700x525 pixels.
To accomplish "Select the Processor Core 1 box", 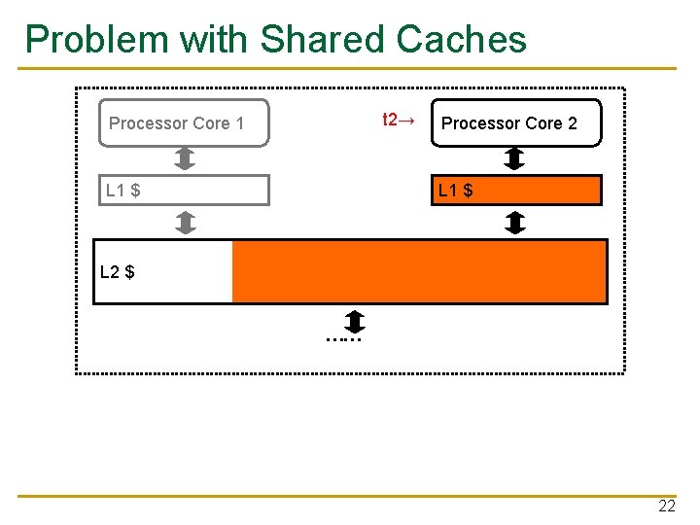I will click(184, 123).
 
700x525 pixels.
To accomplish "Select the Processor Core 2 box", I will click(516, 123).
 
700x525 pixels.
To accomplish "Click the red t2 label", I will click(398, 121).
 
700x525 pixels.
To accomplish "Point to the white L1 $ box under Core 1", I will click(184, 191).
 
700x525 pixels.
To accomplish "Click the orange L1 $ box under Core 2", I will click(516, 191).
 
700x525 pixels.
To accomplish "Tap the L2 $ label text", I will click(118, 272).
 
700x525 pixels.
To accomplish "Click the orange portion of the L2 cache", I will click(419, 272).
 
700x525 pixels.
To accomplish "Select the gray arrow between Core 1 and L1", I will click(186, 158).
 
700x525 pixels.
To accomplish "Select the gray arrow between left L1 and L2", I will click(186, 224).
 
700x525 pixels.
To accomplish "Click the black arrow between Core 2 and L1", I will click(515, 158).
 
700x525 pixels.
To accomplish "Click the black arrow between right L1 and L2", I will click(515, 224).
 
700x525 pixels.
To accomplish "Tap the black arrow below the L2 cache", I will click(355, 320).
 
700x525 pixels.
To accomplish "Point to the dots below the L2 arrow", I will click(344, 339).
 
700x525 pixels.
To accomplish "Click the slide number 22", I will click(667, 507).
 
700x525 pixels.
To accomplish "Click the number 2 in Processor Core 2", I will click(572, 123).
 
